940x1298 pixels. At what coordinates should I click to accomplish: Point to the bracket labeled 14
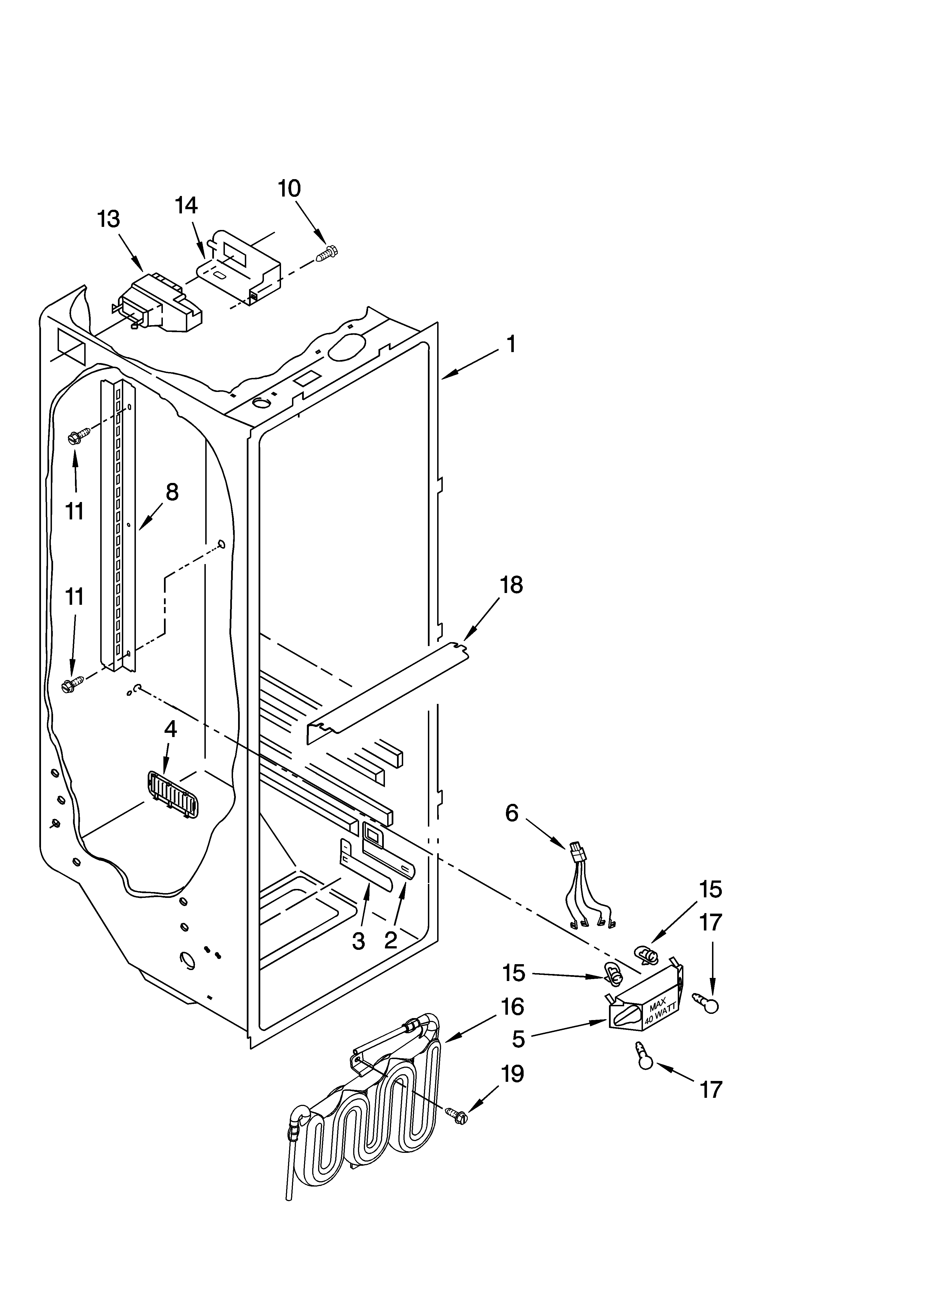[x=240, y=268]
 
